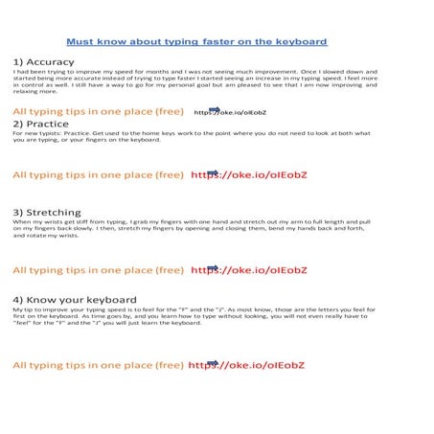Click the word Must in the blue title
point(80,42)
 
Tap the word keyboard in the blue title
point(301,42)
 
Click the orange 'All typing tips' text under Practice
point(97,175)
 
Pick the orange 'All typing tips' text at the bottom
point(97,365)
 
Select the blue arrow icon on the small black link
point(214,109)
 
